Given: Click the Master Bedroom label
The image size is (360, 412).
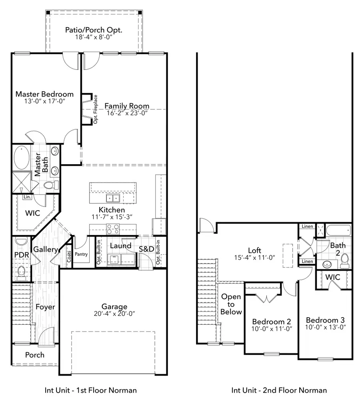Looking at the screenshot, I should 44,94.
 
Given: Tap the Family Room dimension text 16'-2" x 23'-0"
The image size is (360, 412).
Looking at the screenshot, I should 127,113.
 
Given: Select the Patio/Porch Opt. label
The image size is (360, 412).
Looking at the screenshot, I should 94,30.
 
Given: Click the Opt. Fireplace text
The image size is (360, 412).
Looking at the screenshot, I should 96,109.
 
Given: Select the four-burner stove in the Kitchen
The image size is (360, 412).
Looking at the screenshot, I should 112,229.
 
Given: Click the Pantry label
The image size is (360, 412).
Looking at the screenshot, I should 81,254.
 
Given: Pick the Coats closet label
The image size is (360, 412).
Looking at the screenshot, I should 69,256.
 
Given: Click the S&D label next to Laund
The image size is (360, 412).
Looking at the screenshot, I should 146,249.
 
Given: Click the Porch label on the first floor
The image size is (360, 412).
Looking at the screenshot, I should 35,355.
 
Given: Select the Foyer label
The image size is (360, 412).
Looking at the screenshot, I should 45,307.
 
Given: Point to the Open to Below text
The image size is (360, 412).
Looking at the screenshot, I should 231,304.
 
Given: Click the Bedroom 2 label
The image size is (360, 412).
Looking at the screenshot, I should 271,322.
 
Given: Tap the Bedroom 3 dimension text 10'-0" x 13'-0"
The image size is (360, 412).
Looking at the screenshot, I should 326,327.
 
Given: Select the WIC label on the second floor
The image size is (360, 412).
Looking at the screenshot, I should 332,277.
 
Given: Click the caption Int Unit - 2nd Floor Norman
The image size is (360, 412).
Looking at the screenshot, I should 279,390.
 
